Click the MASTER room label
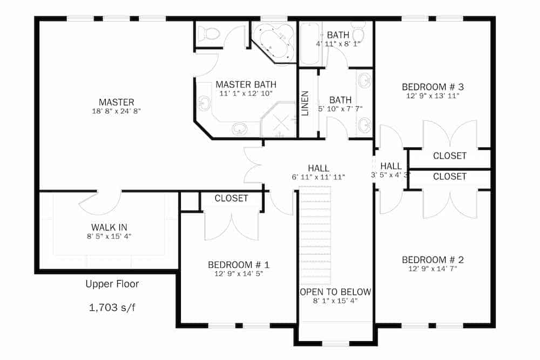[x=116, y=102]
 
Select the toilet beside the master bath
[x=208, y=34]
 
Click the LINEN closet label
[x=306, y=103]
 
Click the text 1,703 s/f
[x=112, y=308]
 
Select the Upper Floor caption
[x=112, y=284]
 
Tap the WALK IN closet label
[x=109, y=227]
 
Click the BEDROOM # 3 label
[x=433, y=86]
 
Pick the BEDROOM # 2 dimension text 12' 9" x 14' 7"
[x=433, y=269]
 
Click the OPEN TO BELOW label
[x=335, y=292]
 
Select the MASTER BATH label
[x=246, y=85]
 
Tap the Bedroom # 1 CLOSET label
[x=231, y=198]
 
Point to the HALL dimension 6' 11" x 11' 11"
[x=318, y=177]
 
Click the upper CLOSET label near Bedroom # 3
[x=449, y=156]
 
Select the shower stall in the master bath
[x=279, y=119]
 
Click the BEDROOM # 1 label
[x=239, y=264]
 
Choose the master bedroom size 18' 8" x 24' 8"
[x=116, y=112]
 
